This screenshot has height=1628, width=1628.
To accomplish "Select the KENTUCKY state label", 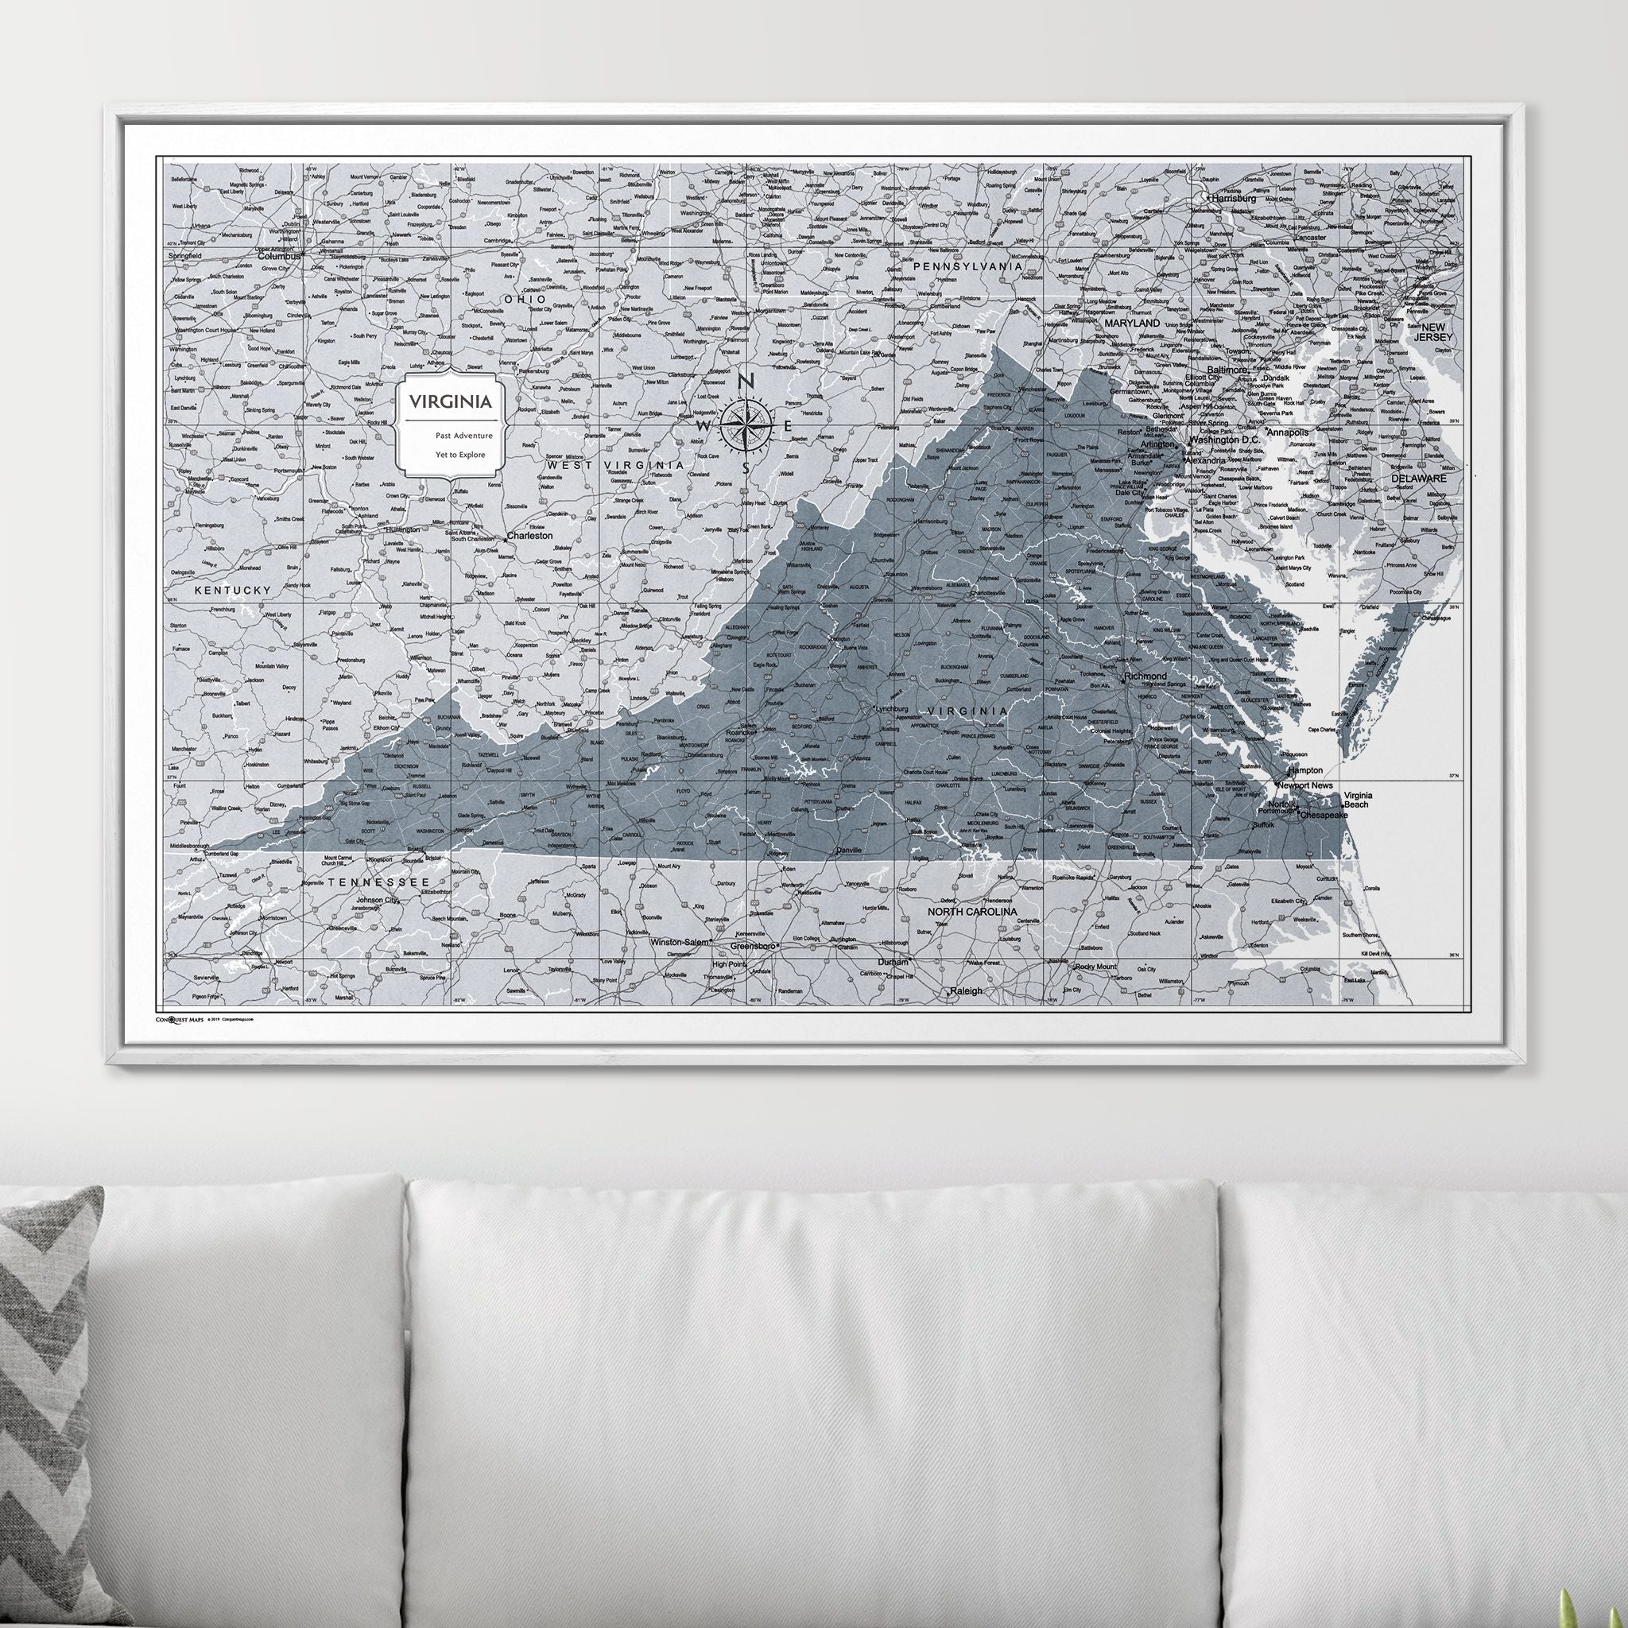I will [234, 591].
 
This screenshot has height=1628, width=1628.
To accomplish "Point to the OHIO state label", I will [524, 299].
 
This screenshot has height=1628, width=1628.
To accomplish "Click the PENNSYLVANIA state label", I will [968, 266].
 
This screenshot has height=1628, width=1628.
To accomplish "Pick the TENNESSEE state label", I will [379, 882].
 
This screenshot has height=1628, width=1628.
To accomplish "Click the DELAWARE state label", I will [1418, 478].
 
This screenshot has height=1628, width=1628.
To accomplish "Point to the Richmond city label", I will [1146, 676].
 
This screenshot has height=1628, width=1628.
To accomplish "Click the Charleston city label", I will [529, 535].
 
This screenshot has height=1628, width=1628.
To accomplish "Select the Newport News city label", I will [1305, 785].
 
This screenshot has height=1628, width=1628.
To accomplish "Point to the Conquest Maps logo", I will [179, 1019].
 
